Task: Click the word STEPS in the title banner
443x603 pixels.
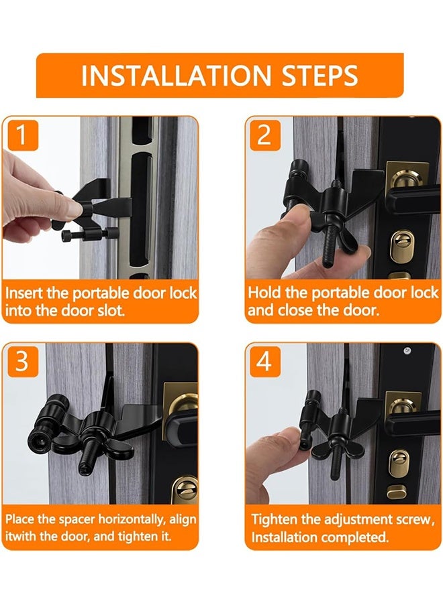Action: pyautogui.click(x=319, y=76)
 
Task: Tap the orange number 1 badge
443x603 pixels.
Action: pyautogui.click(x=22, y=135)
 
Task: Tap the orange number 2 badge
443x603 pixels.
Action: pyautogui.click(x=264, y=135)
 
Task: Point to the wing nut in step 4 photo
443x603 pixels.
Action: pyautogui.click(x=335, y=446)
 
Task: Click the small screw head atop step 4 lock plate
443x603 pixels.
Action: pyautogui.click(x=407, y=350)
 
